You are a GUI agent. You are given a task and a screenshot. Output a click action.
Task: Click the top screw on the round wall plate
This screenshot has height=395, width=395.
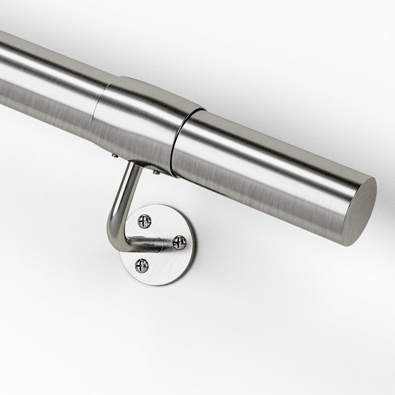145,221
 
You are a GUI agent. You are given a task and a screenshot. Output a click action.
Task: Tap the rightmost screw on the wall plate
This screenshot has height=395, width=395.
179,242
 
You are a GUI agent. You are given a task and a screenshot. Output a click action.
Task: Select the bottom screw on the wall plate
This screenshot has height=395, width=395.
142,265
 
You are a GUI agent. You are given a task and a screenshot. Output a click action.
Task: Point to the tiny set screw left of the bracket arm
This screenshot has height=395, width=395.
114,155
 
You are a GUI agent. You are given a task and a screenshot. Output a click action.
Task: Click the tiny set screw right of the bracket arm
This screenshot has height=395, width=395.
156,172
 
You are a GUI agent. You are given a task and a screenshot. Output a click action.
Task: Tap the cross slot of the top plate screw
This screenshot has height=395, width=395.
145,221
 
